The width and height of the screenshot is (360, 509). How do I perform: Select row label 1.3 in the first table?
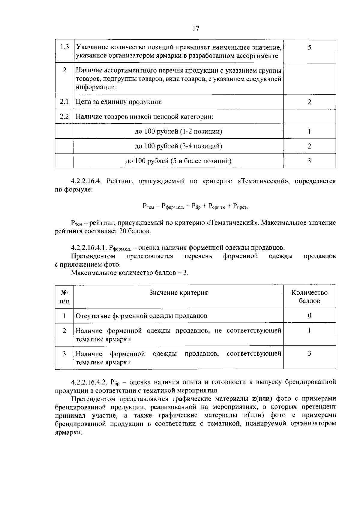(64, 47)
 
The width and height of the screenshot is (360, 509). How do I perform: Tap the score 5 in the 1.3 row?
(309, 47)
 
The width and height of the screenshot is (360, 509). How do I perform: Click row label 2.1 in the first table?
(64, 102)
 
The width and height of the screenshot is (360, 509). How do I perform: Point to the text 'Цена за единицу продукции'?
(119, 102)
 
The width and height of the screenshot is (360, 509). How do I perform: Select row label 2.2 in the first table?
(64, 116)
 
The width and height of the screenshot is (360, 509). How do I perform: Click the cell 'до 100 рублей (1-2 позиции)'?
(178, 131)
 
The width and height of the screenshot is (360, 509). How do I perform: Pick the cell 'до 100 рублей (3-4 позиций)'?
(178, 146)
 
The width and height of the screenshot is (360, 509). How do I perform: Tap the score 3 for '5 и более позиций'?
(309, 161)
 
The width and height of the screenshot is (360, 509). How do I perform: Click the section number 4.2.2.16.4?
(87, 181)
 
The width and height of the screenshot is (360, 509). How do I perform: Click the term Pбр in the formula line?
(196, 206)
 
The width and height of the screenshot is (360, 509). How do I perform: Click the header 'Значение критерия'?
(178, 293)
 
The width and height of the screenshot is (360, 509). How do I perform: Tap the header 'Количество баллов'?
(309, 297)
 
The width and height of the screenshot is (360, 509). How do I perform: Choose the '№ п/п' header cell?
(64, 297)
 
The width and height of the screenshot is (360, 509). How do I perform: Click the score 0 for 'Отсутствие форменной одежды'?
(309, 315)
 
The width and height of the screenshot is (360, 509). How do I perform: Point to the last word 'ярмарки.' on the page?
(68, 432)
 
